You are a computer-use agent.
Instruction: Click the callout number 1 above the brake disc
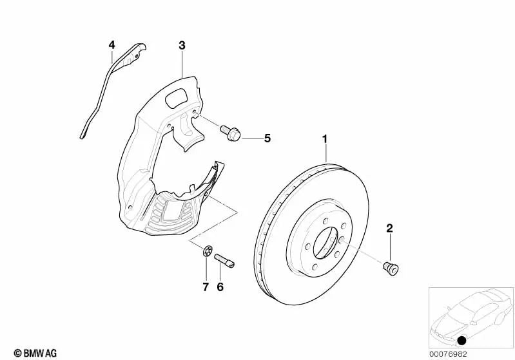(x=324, y=139)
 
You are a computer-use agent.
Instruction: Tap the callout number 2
(x=389, y=228)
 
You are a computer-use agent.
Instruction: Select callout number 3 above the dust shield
(x=182, y=45)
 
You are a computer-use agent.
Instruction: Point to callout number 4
(x=112, y=44)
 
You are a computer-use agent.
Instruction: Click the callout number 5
(x=267, y=138)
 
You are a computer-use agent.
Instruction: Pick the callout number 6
(x=220, y=287)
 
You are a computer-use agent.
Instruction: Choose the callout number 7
(x=206, y=287)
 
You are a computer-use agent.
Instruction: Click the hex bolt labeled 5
(x=230, y=133)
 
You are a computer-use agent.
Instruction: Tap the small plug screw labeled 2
(x=391, y=269)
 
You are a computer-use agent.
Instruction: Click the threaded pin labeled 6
(x=225, y=261)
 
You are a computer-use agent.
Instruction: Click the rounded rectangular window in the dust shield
(x=177, y=97)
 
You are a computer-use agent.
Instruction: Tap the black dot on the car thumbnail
(x=462, y=341)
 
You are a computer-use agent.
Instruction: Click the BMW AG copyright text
(x=35, y=353)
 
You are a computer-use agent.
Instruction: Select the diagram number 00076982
(x=448, y=354)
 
